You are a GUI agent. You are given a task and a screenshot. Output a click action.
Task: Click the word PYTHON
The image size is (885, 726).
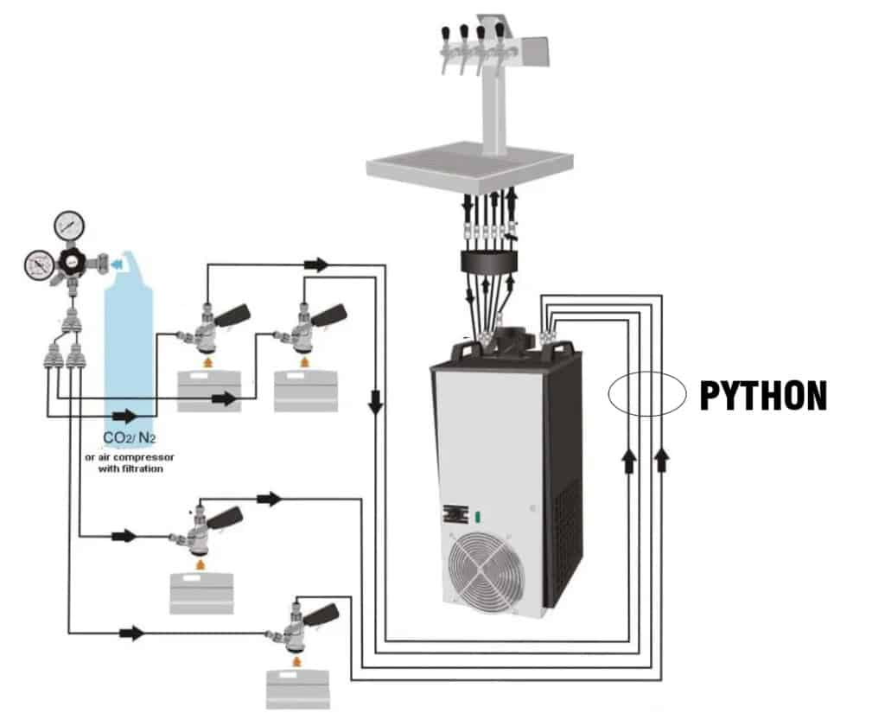click(762, 397)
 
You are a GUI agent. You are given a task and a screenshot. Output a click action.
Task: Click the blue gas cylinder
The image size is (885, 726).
click(130, 337)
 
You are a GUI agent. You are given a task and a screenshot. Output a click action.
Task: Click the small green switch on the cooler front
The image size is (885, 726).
click(476, 518)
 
